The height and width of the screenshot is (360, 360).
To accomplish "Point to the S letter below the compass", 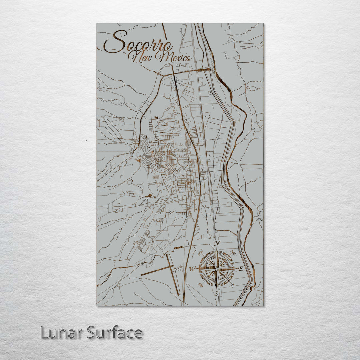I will (x=216, y=293).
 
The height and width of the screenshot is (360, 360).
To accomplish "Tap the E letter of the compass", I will (x=241, y=269).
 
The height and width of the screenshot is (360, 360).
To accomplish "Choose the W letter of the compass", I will (x=192, y=269).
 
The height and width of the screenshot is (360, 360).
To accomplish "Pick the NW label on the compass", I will (x=201, y=254).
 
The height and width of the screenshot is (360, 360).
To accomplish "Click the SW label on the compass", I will (x=201, y=284).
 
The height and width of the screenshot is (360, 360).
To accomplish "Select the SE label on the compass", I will (x=233, y=284).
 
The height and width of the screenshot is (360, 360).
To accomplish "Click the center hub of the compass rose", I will (x=217, y=269).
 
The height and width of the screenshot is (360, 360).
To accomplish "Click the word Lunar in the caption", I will (x=62, y=333).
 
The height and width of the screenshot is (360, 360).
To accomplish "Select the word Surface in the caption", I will (x=115, y=333).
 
